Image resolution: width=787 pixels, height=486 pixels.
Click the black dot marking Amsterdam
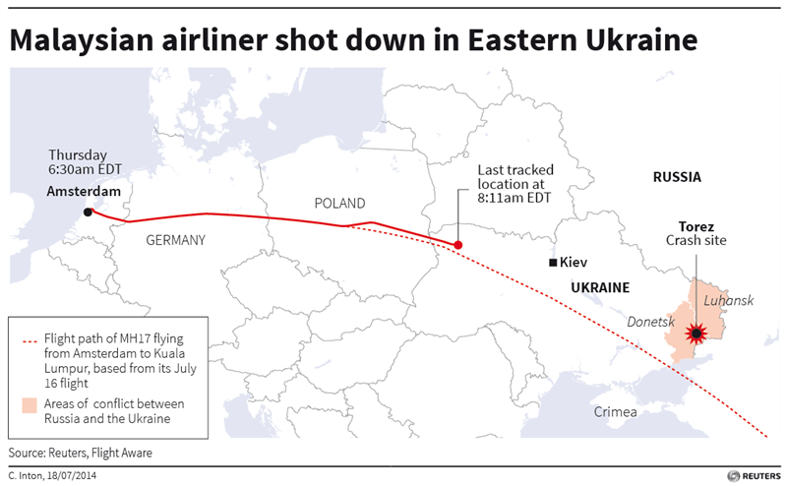click(89, 212)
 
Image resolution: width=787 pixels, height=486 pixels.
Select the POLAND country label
click(339, 204)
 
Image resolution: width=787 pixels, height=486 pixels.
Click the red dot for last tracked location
click(457, 244)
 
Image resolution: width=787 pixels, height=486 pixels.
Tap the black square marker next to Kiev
click(554, 263)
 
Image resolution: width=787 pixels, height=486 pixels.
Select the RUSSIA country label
click(677, 177)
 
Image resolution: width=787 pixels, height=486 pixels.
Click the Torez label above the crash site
click(696, 225)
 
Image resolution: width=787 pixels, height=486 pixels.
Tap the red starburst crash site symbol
click(696, 334)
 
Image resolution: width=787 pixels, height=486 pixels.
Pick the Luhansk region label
click(729, 299)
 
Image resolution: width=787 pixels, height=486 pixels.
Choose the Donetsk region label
click(649, 322)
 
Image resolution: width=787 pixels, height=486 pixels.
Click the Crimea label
click(616, 411)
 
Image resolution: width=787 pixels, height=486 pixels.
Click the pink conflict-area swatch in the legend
click(30, 404)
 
